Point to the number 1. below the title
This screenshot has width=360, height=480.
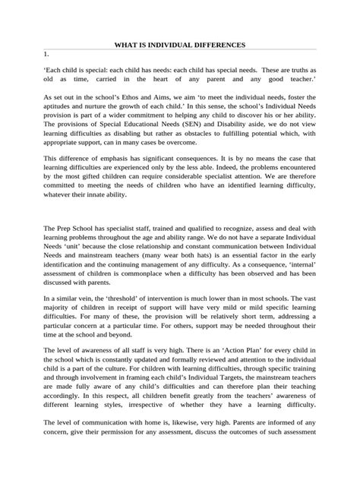coord(46,55)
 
